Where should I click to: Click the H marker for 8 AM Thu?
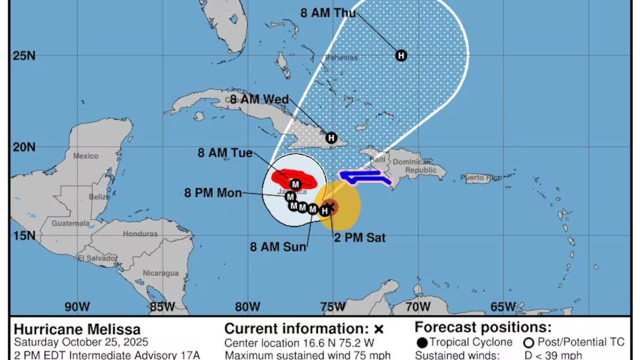tap(401, 56)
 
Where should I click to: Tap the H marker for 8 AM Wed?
tap(331, 138)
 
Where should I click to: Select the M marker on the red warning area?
tap(295, 184)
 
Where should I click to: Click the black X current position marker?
tap(330, 206)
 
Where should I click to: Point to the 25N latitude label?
tap(21, 56)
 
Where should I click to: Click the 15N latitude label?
tap(21, 236)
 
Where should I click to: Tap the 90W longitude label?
tap(77, 306)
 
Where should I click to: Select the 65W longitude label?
tap(504, 306)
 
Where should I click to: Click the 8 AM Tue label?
tap(225, 153)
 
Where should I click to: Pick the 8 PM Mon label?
tap(213, 193)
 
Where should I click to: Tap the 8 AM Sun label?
tap(278, 247)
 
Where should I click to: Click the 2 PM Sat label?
tap(360, 238)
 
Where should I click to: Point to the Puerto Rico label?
tap(480, 178)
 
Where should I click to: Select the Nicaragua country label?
tap(160, 273)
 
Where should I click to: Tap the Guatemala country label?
tap(71, 223)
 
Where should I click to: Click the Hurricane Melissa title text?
tap(77, 329)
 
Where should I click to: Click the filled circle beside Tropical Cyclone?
tap(422, 343)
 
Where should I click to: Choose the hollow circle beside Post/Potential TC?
tap(529, 343)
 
